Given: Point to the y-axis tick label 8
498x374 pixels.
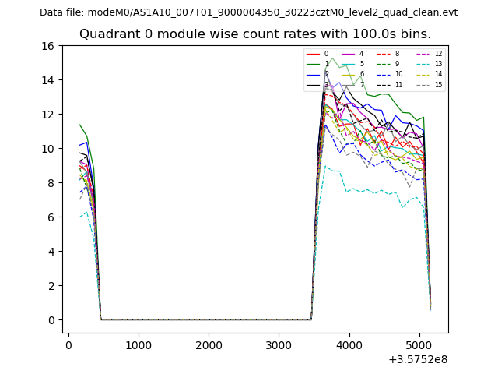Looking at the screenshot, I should (52, 183).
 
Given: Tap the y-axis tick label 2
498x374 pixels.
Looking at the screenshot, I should (52, 286).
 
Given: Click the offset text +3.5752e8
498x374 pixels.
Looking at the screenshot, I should (417, 359).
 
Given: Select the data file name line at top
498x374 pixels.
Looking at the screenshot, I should (248, 12).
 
